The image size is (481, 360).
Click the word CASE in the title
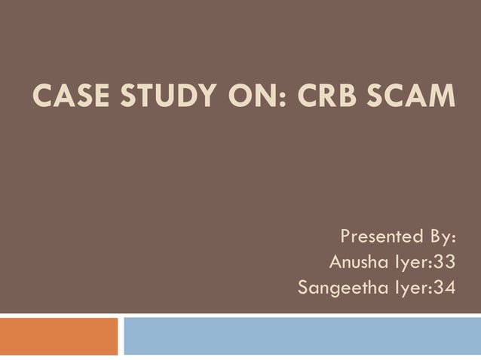62,96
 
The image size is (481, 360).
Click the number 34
444,288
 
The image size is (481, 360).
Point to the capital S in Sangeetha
304,288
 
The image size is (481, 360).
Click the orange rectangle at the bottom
59,335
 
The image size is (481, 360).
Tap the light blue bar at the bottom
302,335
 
